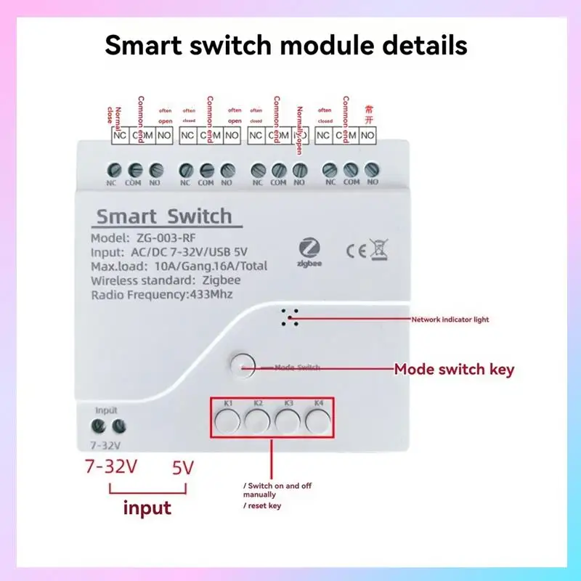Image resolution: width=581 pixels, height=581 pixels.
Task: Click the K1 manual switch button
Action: coord(227,420)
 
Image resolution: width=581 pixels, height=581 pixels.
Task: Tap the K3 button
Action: coord(288,420)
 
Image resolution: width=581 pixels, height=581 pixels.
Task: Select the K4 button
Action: coord(317,420)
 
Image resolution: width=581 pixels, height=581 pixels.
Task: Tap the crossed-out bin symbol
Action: coord(379,251)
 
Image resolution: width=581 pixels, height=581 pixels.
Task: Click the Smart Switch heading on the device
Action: coord(164,216)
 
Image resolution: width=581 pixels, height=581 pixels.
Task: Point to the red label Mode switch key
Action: coord(454,370)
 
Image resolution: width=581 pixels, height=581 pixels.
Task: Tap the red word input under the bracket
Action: coord(147,507)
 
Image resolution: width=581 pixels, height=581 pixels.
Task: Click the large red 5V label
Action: coord(182,468)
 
